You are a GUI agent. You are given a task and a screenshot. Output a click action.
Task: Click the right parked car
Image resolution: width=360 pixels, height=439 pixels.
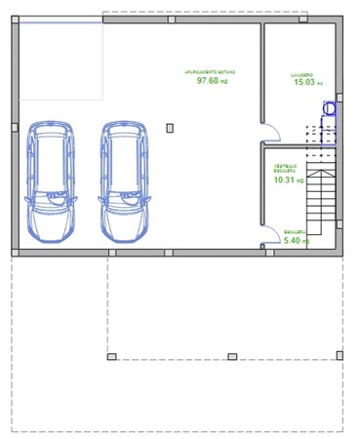click(126, 180)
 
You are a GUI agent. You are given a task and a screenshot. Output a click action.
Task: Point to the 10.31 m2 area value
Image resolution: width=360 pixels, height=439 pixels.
click(289, 180)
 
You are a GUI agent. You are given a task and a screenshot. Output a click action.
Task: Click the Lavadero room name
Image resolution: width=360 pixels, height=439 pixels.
click(302, 74)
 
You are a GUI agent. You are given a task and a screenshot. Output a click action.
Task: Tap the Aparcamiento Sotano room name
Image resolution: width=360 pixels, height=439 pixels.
click(211, 72)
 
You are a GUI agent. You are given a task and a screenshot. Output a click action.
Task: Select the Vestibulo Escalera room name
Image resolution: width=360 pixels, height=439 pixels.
click(286, 168)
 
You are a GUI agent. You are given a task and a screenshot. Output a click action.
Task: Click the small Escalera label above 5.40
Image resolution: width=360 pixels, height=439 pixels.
click(295, 231)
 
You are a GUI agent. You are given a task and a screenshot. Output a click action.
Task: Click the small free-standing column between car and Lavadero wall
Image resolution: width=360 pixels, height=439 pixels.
click(170, 127)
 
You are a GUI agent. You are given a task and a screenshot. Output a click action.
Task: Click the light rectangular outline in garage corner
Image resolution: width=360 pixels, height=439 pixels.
click(59, 60)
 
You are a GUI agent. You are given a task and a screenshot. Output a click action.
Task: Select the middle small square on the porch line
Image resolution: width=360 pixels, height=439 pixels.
click(230, 355)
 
